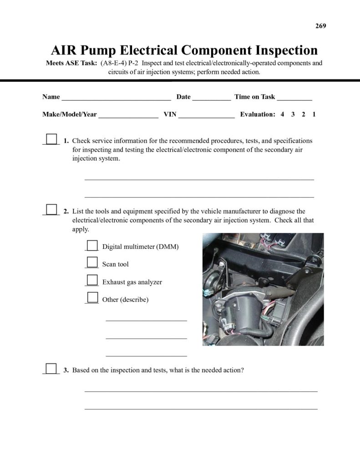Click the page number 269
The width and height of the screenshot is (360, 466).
tap(320, 26)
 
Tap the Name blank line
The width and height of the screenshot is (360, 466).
tap(116, 97)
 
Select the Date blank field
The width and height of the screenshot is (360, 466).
tap(211, 97)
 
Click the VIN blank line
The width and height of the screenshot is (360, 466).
tap(206, 115)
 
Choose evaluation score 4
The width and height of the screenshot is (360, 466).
tap(282, 115)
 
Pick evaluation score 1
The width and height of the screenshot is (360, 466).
tap(314, 115)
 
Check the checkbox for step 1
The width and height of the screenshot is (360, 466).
tap(52, 139)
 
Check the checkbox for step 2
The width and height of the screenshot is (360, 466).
tap(52, 209)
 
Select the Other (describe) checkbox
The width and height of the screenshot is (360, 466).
tap(92, 298)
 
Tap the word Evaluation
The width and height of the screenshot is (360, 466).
tap(258, 115)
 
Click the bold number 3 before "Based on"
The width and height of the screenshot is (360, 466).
tap(66, 370)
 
